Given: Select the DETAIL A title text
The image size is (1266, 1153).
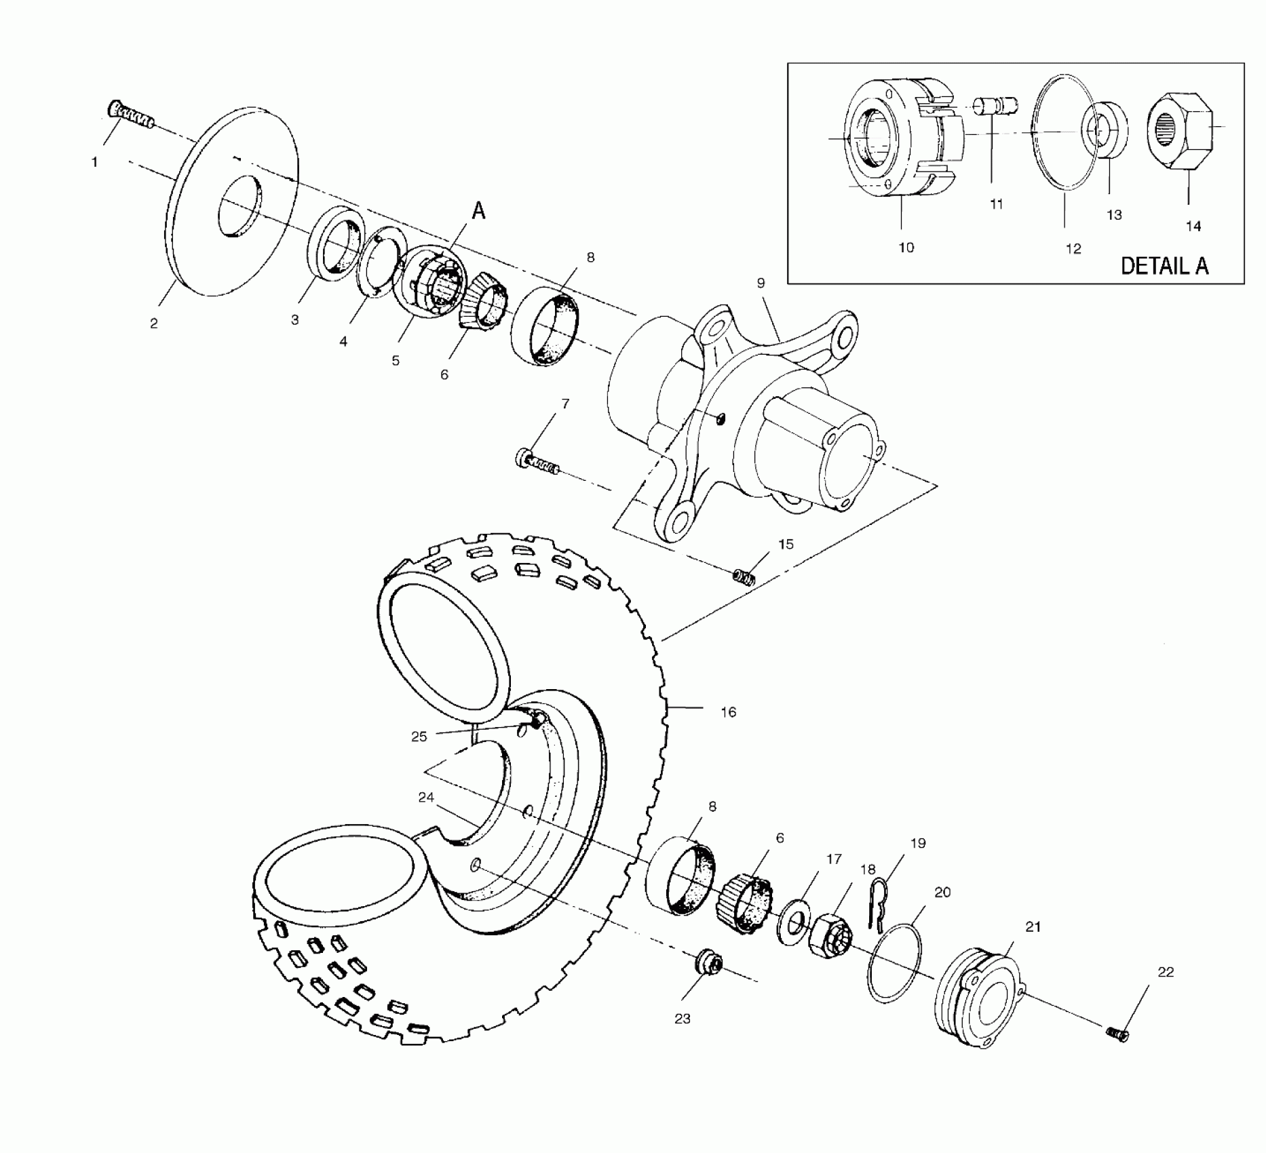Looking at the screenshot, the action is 1164,265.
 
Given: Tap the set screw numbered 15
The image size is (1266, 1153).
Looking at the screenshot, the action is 744,579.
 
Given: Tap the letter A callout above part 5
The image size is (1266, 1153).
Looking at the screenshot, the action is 478,212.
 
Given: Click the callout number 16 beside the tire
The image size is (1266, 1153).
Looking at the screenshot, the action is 728,712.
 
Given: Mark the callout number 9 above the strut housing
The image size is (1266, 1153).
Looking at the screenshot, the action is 761,283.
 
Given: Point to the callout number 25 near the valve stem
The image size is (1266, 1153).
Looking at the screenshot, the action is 419,737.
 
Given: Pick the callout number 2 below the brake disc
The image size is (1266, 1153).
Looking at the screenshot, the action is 154,324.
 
